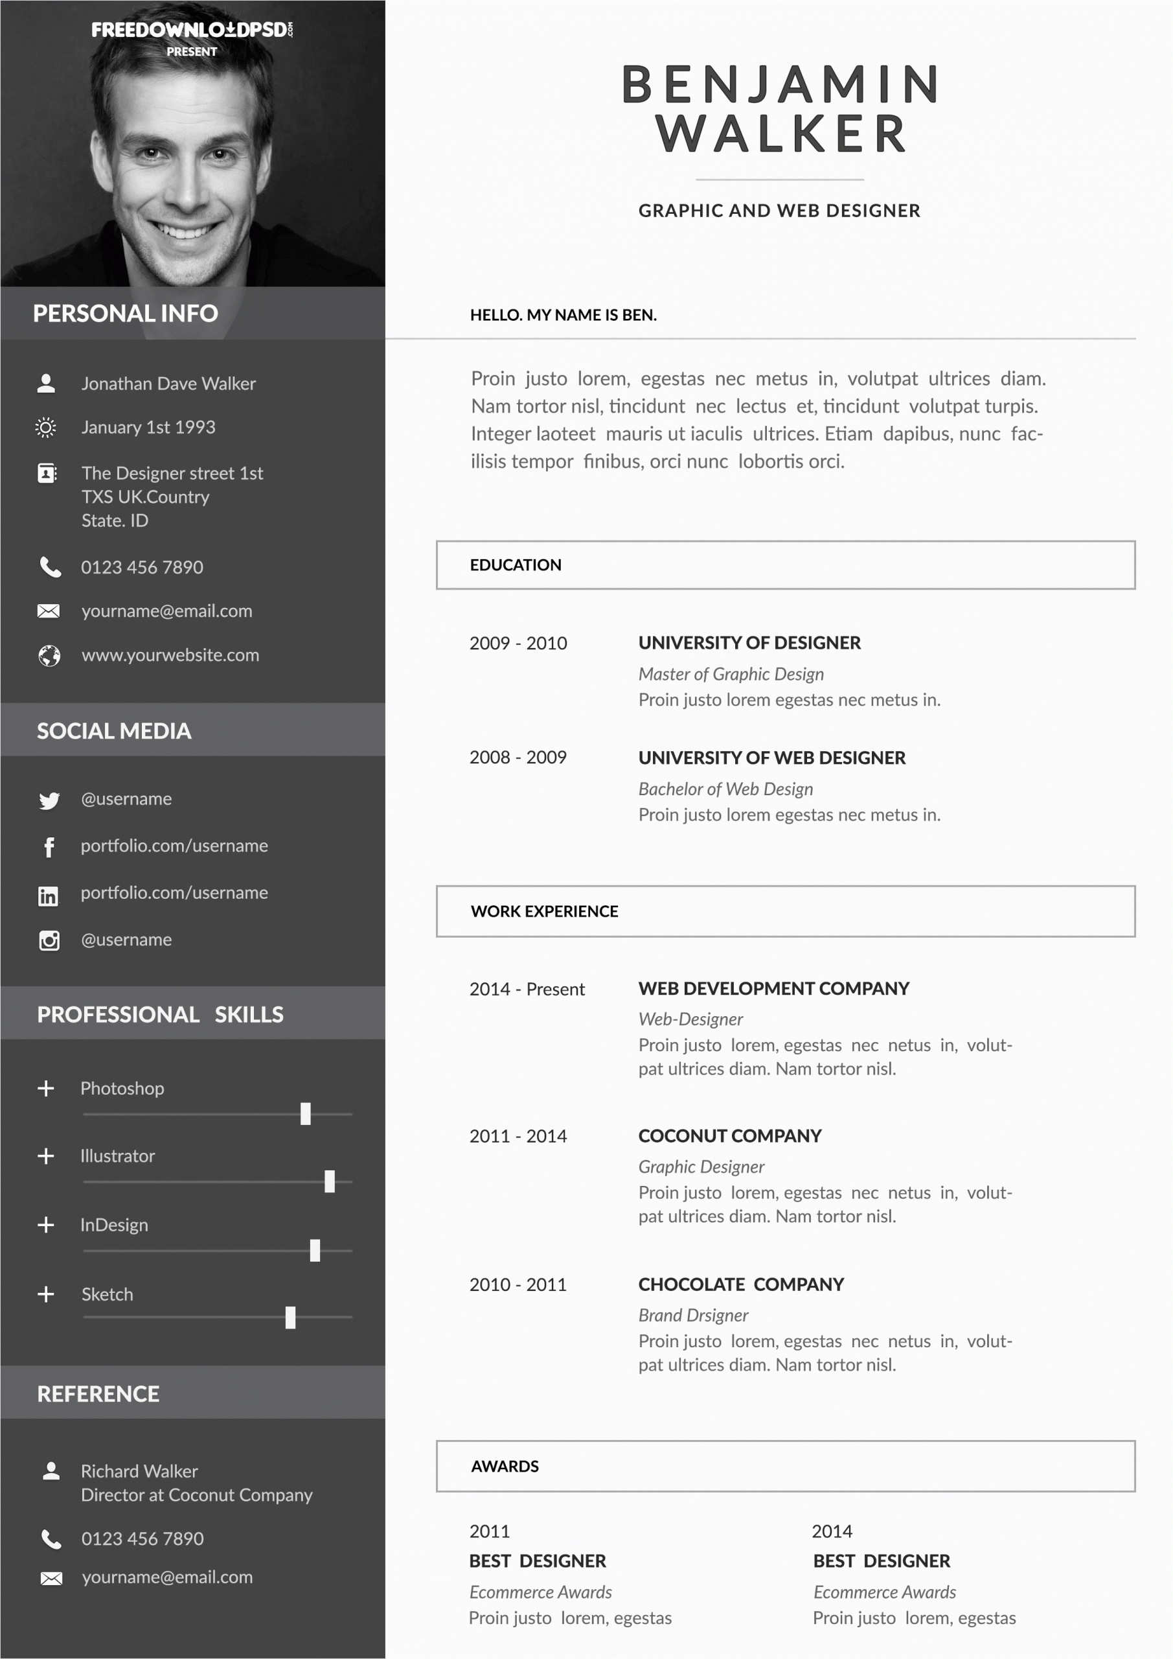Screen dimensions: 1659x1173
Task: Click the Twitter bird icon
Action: click(49, 800)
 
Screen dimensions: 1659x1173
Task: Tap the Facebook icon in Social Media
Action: click(49, 847)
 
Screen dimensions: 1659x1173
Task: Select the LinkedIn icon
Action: click(49, 896)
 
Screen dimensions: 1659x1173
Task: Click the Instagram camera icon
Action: click(49, 941)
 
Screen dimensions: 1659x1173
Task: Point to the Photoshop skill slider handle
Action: click(306, 1113)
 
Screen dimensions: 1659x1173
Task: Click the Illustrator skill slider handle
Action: click(330, 1181)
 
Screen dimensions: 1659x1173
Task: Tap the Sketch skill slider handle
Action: click(290, 1317)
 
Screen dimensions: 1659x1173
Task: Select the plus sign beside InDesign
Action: click(45, 1225)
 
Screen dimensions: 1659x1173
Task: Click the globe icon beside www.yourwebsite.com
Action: click(49, 656)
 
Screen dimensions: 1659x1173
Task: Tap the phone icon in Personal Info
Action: click(50, 567)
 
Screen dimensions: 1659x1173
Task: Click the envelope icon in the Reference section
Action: click(51, 1578)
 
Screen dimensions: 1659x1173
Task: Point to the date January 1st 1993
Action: click(148, 428)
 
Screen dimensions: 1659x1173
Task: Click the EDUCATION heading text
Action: click(515, 565)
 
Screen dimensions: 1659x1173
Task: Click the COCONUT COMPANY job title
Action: click(729, 1136)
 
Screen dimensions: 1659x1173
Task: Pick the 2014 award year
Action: click(832, 1531)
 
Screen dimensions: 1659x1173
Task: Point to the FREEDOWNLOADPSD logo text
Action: click(192, 30)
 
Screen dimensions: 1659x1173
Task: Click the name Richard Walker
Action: click(139, 1471)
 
